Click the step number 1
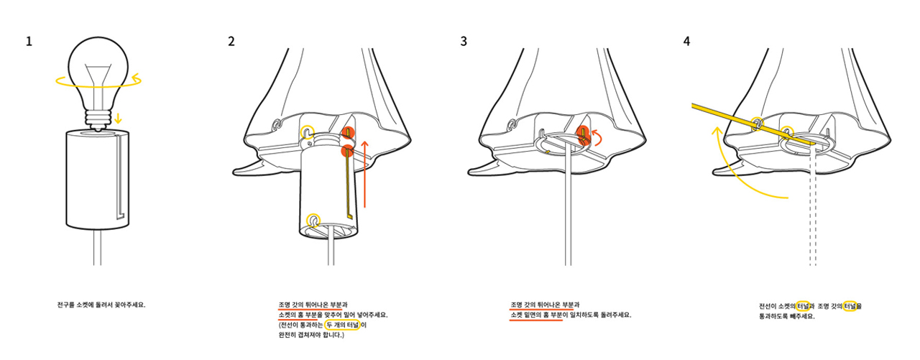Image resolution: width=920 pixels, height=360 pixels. tap(29, 41)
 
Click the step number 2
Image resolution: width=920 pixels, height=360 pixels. tap(231, 41)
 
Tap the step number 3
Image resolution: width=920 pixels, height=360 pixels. tap(464, 41)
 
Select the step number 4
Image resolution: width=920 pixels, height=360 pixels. tap(686, 41)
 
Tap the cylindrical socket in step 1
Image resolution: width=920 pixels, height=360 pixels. tap(86, 180)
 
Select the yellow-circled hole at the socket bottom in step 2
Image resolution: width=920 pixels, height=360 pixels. tap(313, 219)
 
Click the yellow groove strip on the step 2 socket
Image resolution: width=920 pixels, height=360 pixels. tap(349, 187)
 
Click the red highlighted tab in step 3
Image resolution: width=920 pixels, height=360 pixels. tap(584, 134)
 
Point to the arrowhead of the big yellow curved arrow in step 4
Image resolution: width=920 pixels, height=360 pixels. tap(717, 131)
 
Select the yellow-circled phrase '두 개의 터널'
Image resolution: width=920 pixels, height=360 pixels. tap(342, 325)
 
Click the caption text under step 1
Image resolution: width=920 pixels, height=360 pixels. tap(101, 305)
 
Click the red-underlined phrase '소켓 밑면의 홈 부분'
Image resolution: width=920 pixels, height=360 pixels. tap(535, 315)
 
